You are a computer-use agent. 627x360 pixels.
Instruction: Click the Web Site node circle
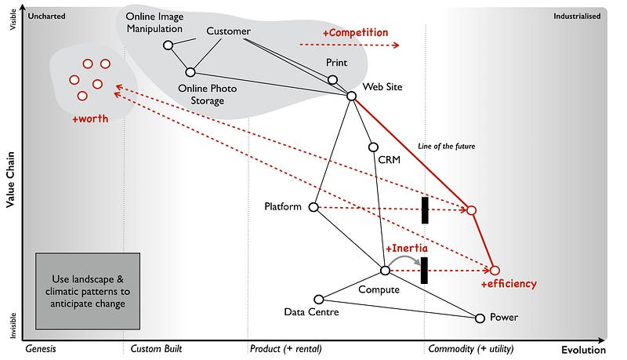[352, 96]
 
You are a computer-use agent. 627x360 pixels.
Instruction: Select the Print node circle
[332, 80]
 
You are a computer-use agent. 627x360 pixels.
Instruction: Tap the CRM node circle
[373, 147]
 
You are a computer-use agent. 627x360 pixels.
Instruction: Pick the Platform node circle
[313, 207]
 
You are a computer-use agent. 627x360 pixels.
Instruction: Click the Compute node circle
[385, 271]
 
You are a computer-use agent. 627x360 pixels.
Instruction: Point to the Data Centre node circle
[318, 299]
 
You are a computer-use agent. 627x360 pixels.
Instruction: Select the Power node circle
[480, 318]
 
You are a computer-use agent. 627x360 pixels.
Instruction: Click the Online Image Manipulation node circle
[168, 45]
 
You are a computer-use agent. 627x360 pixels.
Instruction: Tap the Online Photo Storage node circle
[190, 72]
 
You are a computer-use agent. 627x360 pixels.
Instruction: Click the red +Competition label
[355, 33]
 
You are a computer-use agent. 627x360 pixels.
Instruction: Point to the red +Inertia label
[406, 248]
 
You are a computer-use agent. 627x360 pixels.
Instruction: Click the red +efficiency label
[508, 284]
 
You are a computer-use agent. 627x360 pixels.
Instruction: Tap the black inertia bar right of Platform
[425, 210]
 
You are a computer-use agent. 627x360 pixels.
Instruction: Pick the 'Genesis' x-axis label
[43, 348]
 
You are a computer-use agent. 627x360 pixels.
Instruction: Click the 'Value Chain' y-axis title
[11, 179]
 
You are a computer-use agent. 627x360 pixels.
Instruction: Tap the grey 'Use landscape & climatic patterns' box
[87, 291]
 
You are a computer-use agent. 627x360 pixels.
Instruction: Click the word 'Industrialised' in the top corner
[577, 16]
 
